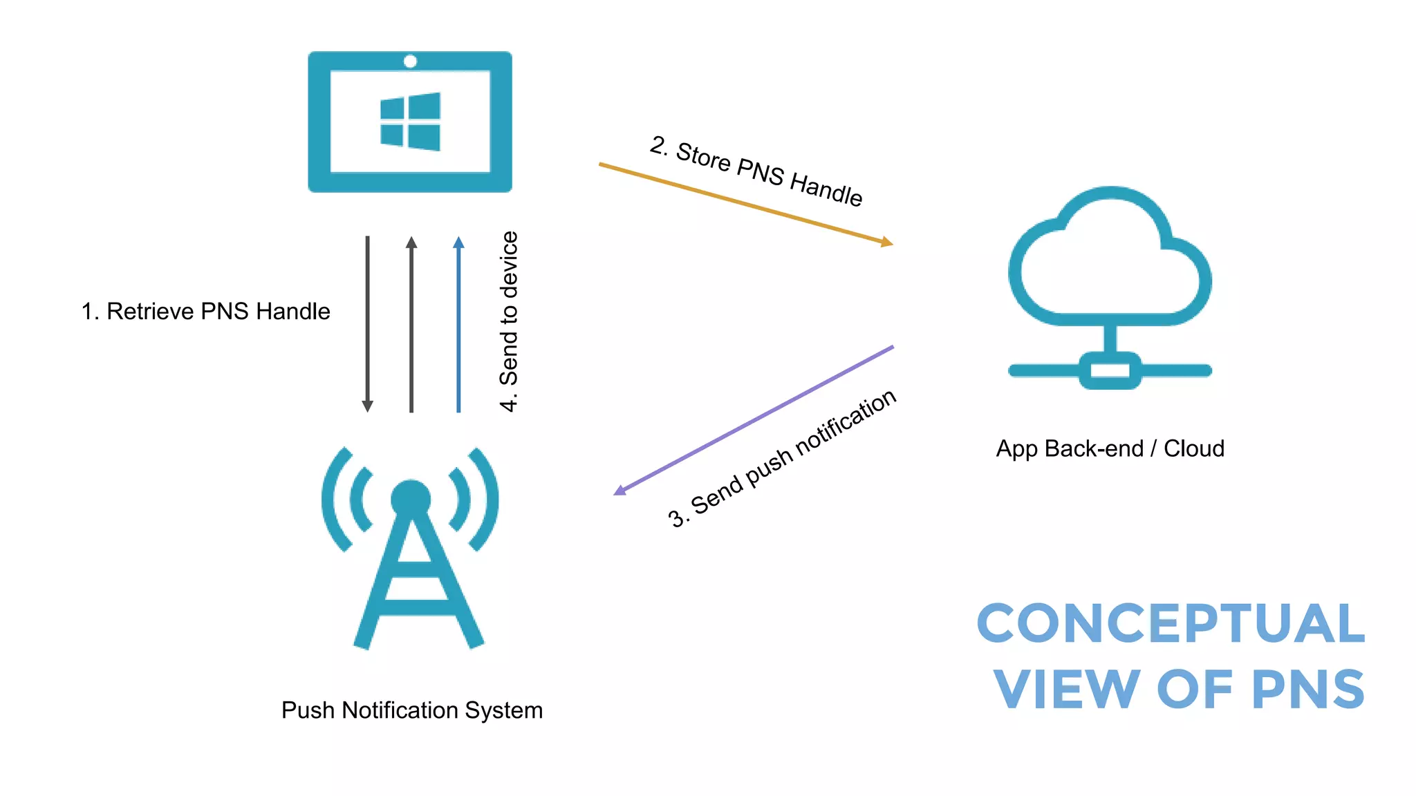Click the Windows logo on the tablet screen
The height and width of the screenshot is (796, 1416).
410,122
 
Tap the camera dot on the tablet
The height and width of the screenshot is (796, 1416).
410,61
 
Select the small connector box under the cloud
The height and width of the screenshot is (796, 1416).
1110,370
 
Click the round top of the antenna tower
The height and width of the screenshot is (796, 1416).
411,498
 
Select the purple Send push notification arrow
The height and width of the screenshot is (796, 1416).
754,420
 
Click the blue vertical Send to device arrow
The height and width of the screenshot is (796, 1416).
458,325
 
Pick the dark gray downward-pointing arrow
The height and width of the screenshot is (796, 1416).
368,325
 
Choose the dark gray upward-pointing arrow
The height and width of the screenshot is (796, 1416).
411,325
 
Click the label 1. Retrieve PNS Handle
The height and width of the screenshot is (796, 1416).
205,312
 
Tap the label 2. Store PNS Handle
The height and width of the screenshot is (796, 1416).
756,171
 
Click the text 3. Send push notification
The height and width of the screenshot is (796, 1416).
782,459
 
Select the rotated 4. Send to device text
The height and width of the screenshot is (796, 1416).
509,322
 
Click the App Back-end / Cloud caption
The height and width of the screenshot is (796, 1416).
1110,448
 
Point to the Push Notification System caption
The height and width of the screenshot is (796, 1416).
412,710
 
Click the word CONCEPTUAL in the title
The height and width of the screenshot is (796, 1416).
1171,623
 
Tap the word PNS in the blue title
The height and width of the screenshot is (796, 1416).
1308,689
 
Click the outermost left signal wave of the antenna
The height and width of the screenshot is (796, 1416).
333,499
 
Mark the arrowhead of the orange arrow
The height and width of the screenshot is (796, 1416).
887,242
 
